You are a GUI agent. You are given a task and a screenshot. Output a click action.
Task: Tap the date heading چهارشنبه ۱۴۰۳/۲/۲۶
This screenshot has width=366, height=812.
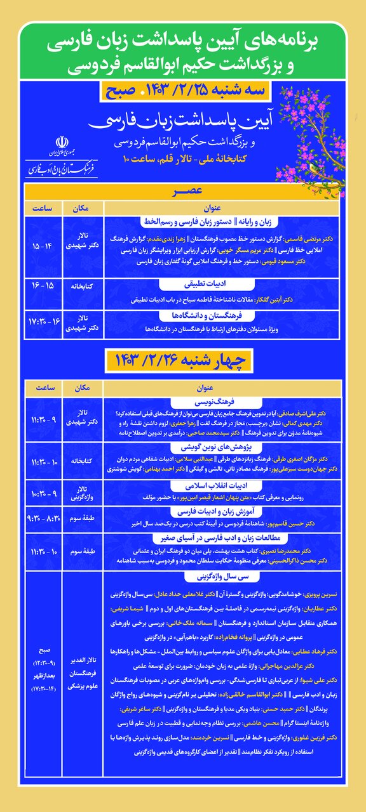tap(182, 360)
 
